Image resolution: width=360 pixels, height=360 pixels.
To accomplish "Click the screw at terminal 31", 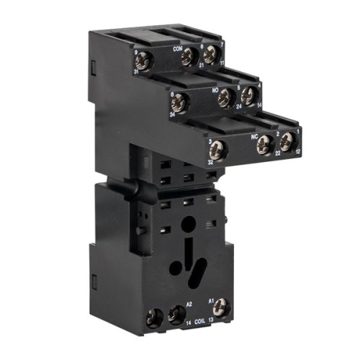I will pos(143,60).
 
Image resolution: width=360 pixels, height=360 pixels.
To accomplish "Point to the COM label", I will pos(178,49).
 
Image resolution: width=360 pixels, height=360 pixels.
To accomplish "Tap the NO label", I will pos(215,90).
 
